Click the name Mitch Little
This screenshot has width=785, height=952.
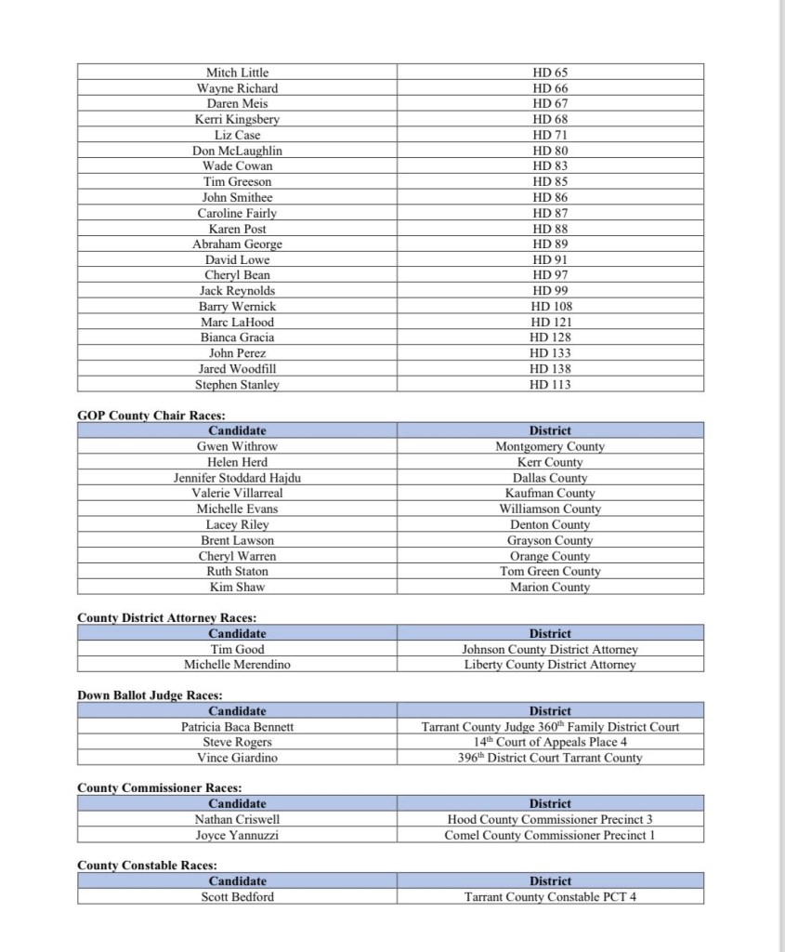pos(237,73)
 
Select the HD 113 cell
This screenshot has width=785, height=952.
pos(550,385)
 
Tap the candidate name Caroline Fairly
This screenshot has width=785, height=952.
pos(237,213)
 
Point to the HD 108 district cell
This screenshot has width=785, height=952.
pos(550,307)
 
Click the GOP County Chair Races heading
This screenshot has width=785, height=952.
pos(151,416)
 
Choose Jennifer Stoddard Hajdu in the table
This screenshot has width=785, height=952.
pos(237,478)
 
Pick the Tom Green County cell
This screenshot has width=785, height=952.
pos(550,572)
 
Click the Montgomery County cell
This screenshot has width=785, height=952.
pos(550,447)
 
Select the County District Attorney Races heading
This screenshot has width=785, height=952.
pos(167,618)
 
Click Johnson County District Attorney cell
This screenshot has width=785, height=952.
pos(550,650)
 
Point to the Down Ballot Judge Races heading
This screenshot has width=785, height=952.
pos(150,695)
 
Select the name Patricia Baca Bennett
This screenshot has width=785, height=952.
pos(237,727)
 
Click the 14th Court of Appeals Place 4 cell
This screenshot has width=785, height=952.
pos(550,742)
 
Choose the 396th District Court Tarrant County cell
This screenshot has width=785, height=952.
pos(550,758)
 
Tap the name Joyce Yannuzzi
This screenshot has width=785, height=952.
pos(237,836)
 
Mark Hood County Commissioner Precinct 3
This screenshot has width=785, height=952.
pos(550,820)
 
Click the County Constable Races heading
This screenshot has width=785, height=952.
pos(147,866)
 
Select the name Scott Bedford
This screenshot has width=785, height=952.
pos(237,897)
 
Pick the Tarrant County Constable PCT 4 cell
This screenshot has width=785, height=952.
pos(550,897)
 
